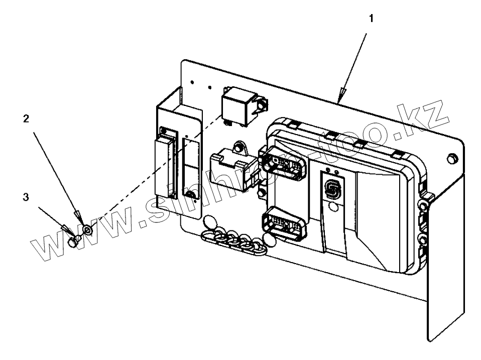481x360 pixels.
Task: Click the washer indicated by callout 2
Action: coord(87,229)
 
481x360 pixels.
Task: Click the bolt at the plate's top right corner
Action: coord(450,158)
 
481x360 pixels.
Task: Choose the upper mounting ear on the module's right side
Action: coord(425,205)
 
